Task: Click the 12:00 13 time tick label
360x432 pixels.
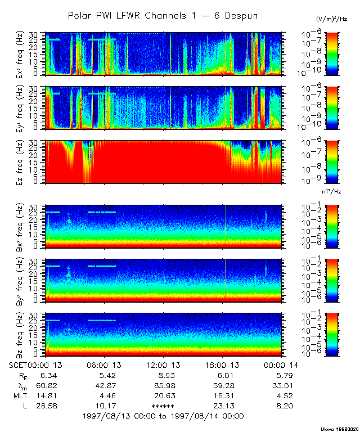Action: click(x=163, y=364)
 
